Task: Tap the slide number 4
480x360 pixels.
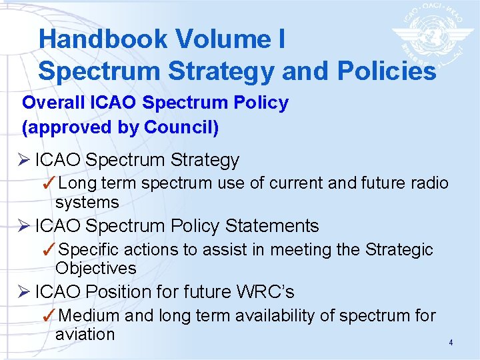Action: (451, 343)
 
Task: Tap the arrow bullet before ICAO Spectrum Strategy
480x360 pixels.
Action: (26, 161)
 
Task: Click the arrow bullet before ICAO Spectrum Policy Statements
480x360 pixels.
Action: (26, 226)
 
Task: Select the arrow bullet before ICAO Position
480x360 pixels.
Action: (26, 292)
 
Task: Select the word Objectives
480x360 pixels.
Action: (96, 269)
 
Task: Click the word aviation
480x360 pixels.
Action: (85, 335)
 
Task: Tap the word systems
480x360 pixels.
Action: (87, 203)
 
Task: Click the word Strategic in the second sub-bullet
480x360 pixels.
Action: (399, 249)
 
